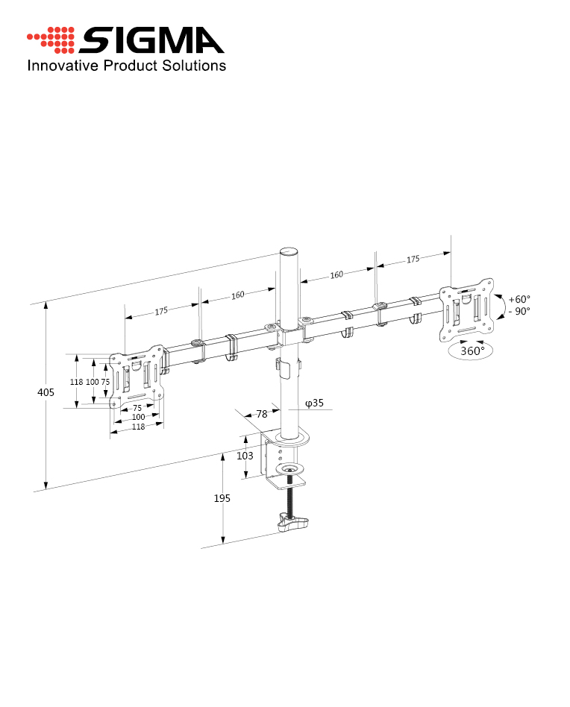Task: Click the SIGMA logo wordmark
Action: tap(151, 40)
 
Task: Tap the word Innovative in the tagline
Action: tap(63, 66)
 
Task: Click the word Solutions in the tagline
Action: tap(195, 66)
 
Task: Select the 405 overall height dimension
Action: tap(46, 392)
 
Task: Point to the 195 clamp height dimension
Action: tap(222, 498)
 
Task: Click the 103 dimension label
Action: tap(245, 456)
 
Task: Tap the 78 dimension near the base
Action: tap(262, 414)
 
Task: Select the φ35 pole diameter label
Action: tap(314, 403)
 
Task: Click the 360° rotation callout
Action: tap(472, 351)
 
